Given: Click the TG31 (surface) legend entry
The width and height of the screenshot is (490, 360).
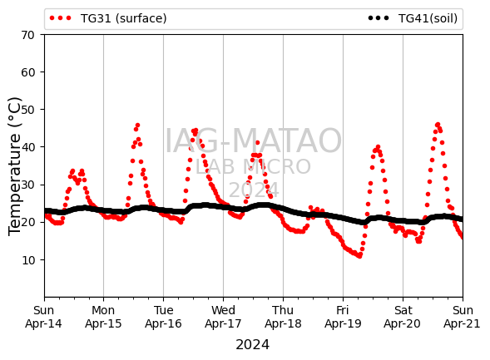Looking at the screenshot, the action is (x=108, y=18).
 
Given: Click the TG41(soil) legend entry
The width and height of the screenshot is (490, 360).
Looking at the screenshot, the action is (x=413, y=18).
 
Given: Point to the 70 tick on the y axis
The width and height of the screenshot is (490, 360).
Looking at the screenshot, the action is (x=27, y=35).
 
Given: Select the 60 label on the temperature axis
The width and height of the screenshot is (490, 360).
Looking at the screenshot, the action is (x=27, y=72).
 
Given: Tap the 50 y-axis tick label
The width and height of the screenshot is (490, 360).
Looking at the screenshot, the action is (x=27, y=110).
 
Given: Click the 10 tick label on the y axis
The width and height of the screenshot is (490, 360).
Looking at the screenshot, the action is (x=27, y=260).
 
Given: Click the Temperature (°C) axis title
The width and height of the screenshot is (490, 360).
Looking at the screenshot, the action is (x=14, y=166).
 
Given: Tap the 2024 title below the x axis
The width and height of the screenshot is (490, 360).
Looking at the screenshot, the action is (x=253, y=345).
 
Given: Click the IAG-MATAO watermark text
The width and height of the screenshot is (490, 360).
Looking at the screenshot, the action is (x=253, y=141).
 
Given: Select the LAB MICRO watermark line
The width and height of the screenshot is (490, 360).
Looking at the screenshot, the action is (x=253, y=167).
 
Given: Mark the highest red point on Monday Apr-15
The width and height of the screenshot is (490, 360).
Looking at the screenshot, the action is (x=137, y=126).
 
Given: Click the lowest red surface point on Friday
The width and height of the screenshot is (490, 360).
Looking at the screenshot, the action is (x=359, y=256).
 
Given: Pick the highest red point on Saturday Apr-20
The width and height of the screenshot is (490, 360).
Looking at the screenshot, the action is (x=438, y=125).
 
